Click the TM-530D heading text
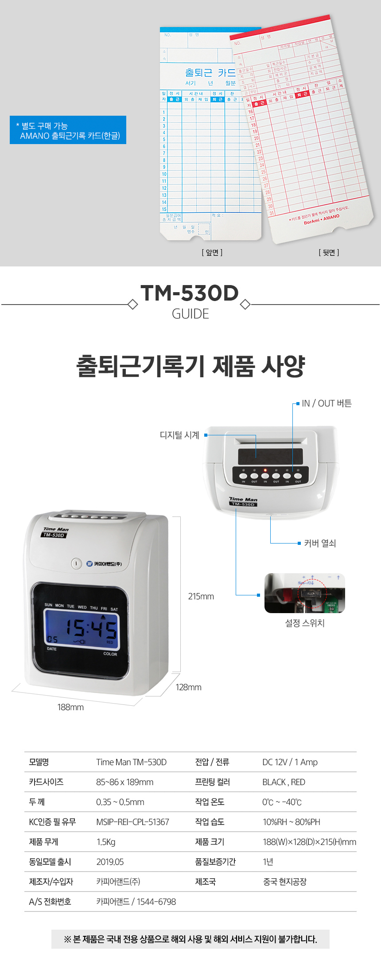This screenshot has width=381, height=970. [190, 293]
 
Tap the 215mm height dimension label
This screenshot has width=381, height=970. [201, 596]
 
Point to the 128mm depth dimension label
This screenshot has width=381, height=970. [188, 687]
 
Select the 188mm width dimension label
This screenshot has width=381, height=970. [70, 707]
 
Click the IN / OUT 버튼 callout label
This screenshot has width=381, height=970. [327, 403]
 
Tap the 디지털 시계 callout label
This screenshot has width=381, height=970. [179, 435]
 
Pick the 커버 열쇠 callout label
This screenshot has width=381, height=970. [320, 543]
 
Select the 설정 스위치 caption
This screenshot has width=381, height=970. [305, 623]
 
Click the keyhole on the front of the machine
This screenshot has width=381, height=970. [76, 563]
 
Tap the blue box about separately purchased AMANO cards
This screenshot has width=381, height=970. [68, 130]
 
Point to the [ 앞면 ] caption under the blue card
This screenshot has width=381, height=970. [212, 253]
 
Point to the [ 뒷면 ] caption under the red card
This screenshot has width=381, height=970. [329, 253]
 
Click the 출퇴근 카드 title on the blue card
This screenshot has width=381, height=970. [210, 72]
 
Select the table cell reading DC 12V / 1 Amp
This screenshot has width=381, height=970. [290, 762]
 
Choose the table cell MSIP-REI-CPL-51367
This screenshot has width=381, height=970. [132, 822]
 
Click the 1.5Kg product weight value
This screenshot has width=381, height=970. [106, 842]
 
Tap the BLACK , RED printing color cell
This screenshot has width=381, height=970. [284, 782]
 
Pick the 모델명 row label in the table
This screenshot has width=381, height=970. [39, 762]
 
